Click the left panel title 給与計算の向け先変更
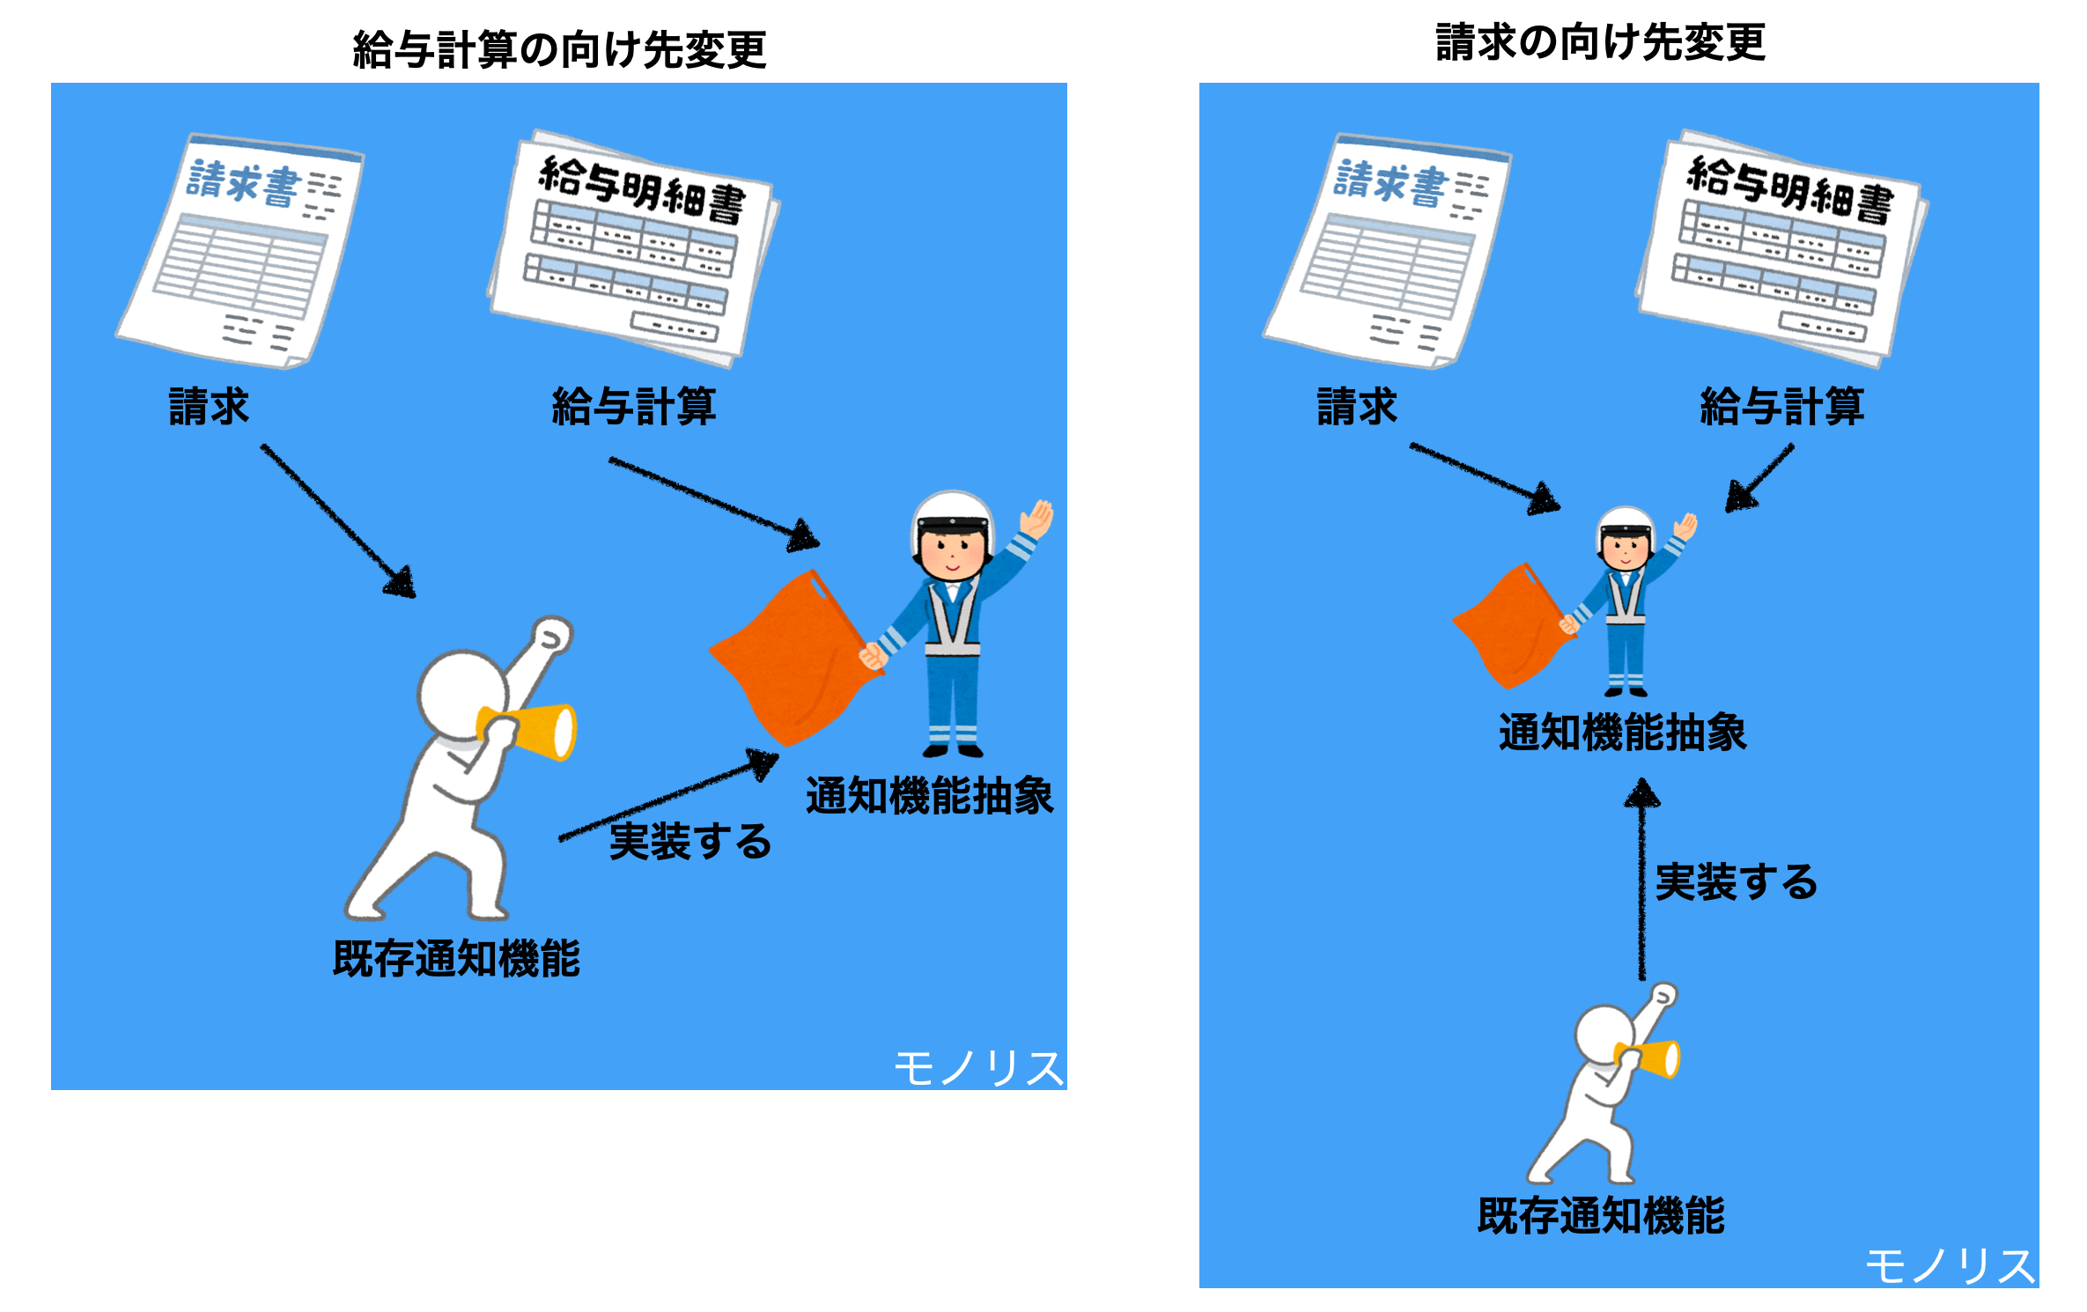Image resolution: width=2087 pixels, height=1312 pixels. [559, 49]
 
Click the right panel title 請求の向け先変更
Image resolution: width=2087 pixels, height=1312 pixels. [1601, 42]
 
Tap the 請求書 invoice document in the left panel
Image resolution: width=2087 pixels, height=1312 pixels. [240, 251]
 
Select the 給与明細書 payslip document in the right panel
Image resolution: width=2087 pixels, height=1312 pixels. [1783, 248]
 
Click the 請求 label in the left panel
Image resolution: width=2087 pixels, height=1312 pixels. [209, 407]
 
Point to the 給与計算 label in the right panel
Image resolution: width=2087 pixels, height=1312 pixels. [1782, 407]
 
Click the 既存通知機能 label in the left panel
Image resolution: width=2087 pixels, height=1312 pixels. [456, 958]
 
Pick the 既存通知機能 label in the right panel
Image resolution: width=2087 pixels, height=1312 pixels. [1601, 1216]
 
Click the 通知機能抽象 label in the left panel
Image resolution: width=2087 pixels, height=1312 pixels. [929, 796]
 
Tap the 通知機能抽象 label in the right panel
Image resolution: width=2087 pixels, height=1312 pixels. [1622, 733]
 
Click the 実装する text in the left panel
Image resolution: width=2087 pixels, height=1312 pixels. [690, 841]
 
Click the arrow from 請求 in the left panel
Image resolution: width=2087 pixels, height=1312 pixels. [338, 521]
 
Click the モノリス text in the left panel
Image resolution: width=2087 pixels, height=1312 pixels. [977, 1069]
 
